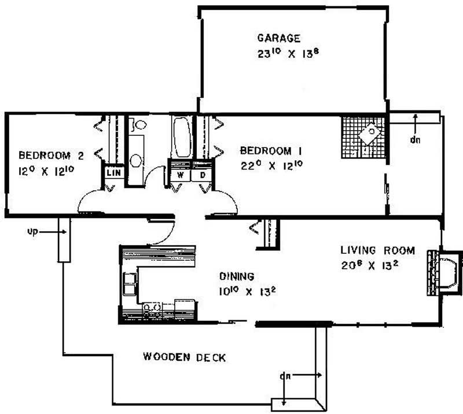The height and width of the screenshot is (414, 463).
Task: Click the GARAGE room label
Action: [x=279, y=38]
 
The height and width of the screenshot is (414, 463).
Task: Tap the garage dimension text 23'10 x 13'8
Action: [x=288, y=53]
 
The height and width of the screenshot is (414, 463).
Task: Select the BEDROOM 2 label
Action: [x=51, y=156]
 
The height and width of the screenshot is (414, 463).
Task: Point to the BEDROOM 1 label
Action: [x=271, y=151]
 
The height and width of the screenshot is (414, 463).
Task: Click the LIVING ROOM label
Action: [x=378, y=250]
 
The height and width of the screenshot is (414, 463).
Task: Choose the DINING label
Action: [x=237, y=276]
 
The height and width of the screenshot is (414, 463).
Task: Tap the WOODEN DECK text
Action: [x=185, y=357]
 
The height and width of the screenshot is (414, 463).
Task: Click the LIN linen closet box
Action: [x=113, y=173]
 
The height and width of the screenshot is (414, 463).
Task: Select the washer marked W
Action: [x=180, y=175]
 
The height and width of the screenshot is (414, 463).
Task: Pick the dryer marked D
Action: [x=202, y=175]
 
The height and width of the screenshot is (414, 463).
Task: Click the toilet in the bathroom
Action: [x=138, y=124]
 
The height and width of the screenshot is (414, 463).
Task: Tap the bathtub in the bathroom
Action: [x=181, y=138]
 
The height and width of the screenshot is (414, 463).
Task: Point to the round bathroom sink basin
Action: [x=136, y=161]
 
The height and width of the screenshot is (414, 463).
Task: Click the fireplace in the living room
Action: [x=444, y=273]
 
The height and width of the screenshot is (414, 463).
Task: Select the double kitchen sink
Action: [x=130, y=284]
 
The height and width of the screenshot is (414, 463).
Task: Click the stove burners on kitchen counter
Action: [x=152, y=308]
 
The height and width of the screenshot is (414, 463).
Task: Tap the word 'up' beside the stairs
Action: [x=33, y=232]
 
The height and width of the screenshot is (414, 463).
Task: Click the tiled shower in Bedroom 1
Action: [x=364, y=138]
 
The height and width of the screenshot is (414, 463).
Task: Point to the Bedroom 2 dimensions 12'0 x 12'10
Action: [x=46, y=171]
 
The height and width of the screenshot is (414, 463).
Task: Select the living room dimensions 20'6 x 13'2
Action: [x=370, y=265]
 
